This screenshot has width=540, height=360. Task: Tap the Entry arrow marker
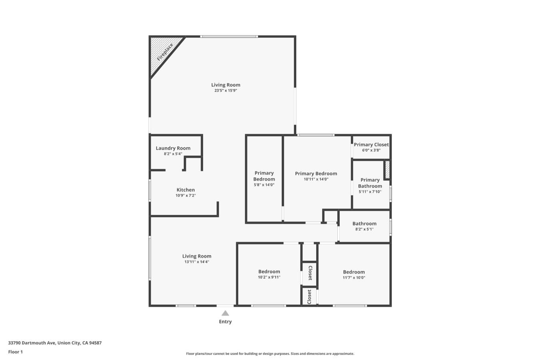coord(225,313)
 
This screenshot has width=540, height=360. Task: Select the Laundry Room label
coord(173,148)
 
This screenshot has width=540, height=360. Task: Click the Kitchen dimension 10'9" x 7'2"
coord(185,196)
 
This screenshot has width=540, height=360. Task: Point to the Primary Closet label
coord(371,144)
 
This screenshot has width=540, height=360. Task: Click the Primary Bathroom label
coord(370,183)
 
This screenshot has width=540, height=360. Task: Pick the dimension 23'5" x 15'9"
coord(226,90)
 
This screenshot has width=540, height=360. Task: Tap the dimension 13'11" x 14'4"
coord(197,262)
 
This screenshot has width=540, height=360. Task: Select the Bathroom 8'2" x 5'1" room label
coord(364,224)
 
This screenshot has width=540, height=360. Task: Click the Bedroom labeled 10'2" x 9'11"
coord(269,272)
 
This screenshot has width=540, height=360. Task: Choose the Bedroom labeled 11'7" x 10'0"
coord(354,272)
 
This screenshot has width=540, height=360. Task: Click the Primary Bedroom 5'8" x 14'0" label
coord(264,176)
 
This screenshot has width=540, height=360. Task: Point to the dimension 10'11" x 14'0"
coord(316,179)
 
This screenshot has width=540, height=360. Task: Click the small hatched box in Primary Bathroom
coord(387,170)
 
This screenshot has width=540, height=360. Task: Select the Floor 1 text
coord(16,352)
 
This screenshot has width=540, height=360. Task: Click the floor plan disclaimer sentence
coord(270,354)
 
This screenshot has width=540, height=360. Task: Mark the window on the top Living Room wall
coord(229,36)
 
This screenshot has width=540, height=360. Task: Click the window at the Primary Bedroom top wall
coord(315,135)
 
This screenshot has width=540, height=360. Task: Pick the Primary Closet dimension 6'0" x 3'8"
coord(371,150)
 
